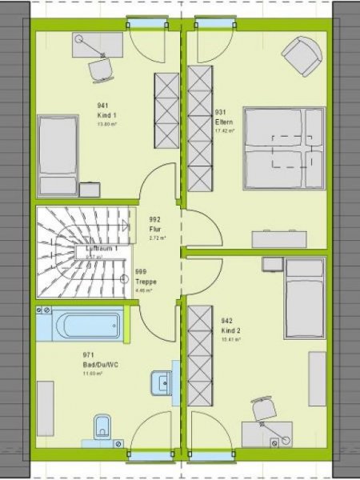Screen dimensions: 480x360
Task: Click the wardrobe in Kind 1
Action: point(166,110)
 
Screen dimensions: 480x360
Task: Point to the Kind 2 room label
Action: point(229,330)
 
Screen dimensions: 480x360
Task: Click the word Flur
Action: point(155,230)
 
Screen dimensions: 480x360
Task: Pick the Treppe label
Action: point(146,282)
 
